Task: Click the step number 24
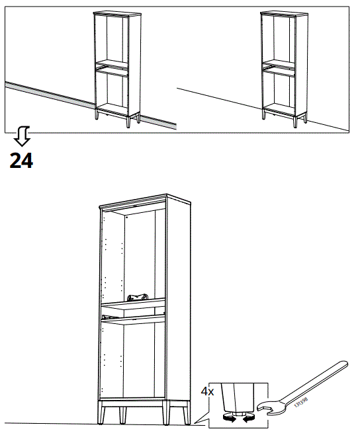coord(21,160)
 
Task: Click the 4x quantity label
coord(208,391)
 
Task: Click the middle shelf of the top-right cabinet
coord(281,66)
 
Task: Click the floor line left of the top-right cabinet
coord(218,99)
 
